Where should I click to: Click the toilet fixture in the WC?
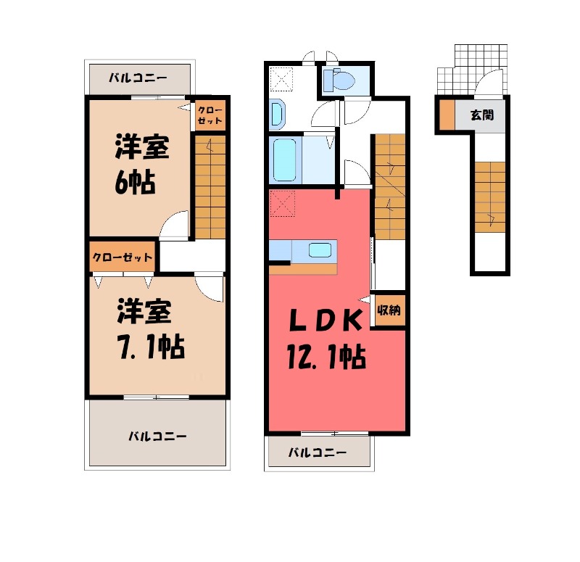339,80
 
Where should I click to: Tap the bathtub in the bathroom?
284,160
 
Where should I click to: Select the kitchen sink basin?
320,250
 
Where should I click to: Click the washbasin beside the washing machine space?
278,114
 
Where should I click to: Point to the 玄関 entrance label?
482,115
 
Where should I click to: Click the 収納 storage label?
389,310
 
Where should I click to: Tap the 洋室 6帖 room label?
141,165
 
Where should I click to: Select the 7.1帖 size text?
152,347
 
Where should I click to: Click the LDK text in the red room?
325,320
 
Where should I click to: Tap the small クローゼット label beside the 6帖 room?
210,115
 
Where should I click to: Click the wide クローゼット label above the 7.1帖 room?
122,257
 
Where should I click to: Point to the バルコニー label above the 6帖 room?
138,78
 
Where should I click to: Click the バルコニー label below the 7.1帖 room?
157,437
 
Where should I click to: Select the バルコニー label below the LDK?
318,452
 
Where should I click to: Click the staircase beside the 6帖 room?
210,187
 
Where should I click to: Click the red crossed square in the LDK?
283,203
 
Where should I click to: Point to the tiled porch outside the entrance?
473,69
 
